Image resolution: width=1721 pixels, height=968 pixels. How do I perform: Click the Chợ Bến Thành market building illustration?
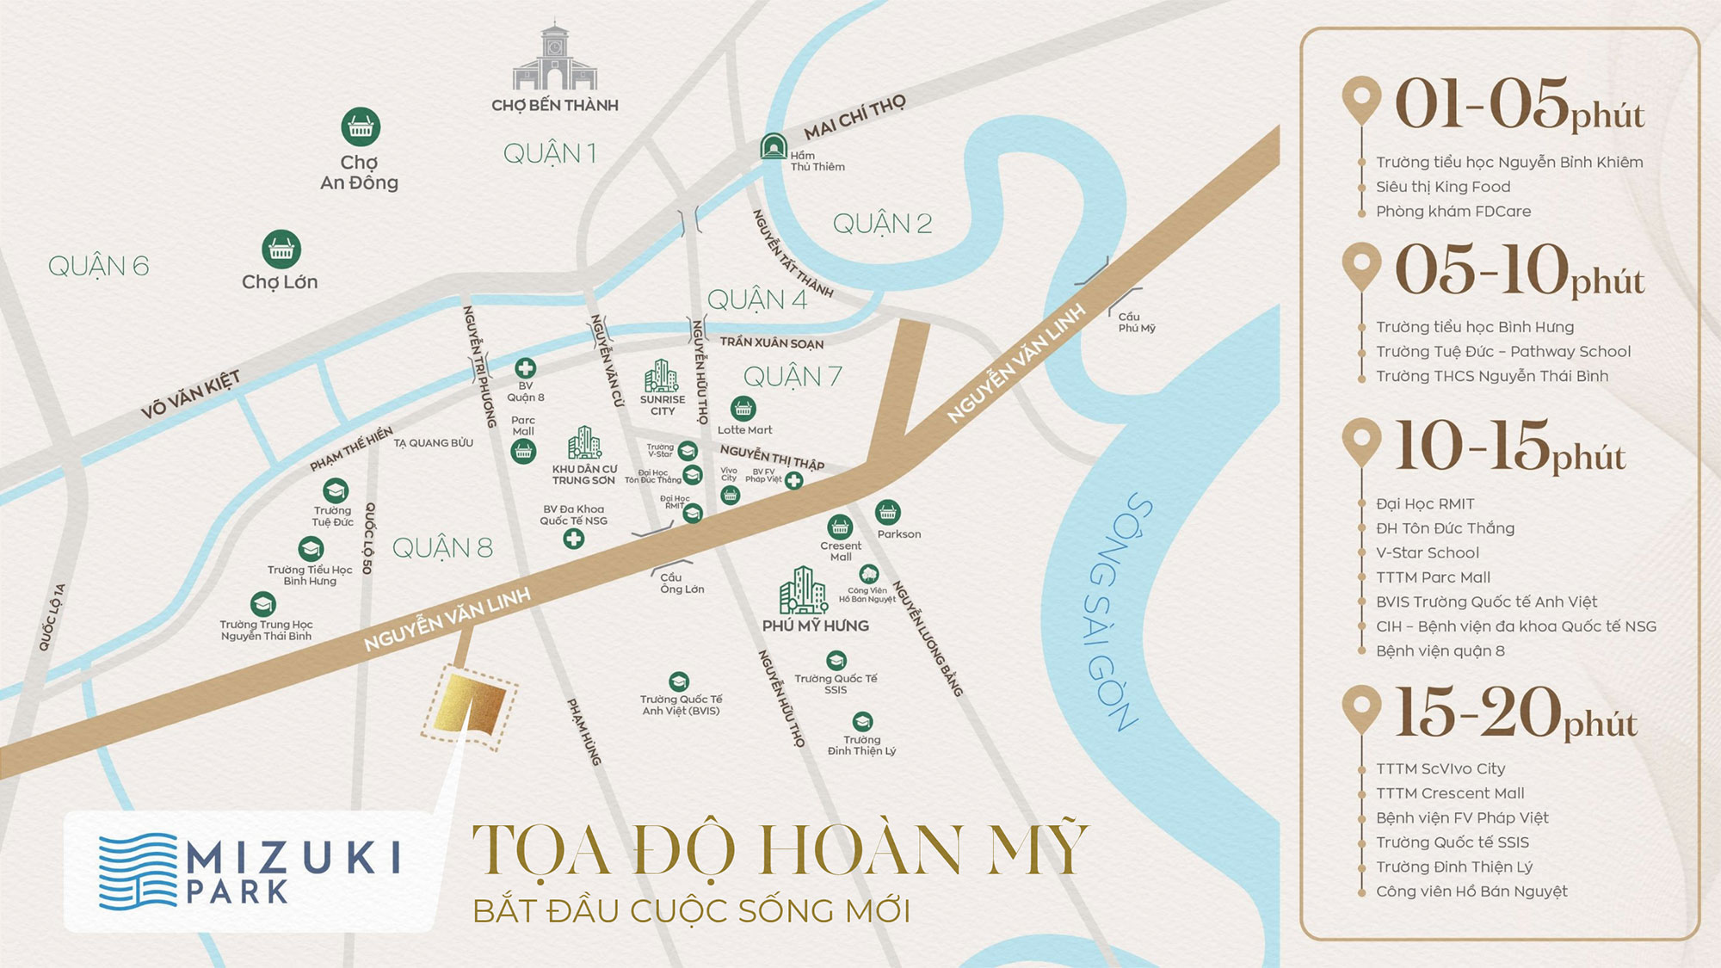click(x=555, y=59)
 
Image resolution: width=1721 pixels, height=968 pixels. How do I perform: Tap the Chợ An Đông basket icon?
click(x=361, y=127)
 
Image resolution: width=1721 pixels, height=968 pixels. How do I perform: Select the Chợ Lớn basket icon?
click(x=281, y=250)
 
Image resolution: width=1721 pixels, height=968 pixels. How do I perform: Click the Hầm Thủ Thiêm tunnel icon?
click(x=774, y=146)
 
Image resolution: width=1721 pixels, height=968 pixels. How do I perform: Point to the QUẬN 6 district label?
click(x=98, y=266)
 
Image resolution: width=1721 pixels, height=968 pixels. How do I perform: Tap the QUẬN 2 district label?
click(x=882, y=224)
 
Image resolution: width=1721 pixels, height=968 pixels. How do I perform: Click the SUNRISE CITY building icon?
click(x=661, y=376)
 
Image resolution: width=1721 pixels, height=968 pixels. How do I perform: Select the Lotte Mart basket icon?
click(x=743, y=408)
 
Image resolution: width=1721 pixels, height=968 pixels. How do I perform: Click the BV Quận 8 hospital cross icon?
click(x=525, y=368)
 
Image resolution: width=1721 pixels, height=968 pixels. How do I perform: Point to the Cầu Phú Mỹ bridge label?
click(x=1136, y=323)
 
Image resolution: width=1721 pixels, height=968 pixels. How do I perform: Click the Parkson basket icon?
click(x=888, y=513)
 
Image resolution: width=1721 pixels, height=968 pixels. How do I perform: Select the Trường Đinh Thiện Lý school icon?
click(x=862, y=721)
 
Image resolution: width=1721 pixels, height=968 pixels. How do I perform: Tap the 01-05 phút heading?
click(x=1519, y=106)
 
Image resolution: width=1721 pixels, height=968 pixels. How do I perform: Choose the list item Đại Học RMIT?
click(x=1425, y=503)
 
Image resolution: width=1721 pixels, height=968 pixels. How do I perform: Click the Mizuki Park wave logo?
click(x=138, y=871)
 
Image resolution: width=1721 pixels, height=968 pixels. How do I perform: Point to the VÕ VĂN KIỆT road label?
click(x=191, y=395)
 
